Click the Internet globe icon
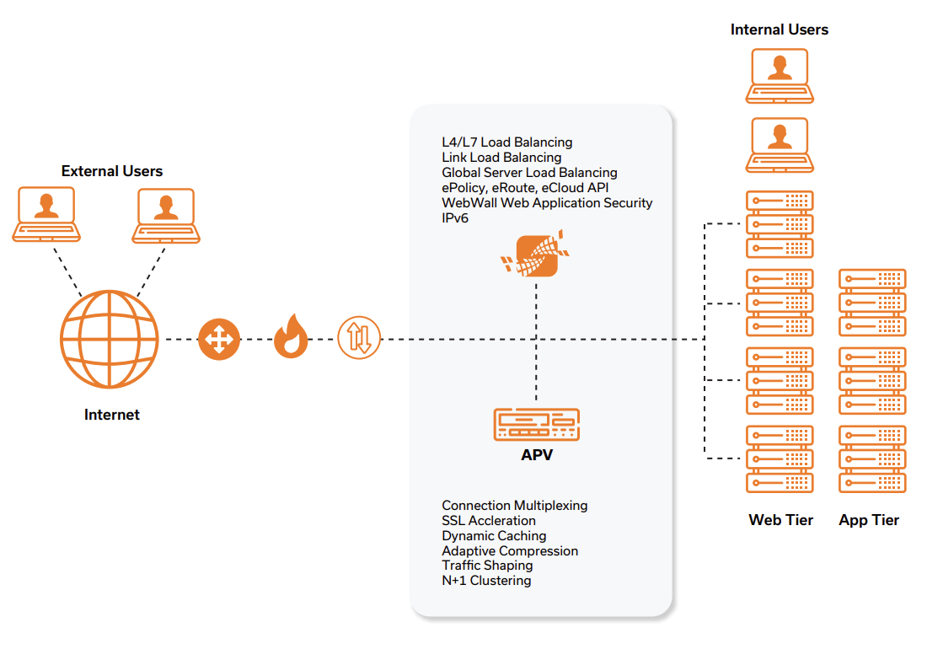click(110, 340)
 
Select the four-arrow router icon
click(219, 340)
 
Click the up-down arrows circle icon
click(359, 340)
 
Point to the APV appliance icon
click(536, 424)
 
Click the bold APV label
click(537, 456)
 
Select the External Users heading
click(112, 171)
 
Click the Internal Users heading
click(779, 29)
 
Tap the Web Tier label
click(780, 520)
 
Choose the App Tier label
click(869, 520)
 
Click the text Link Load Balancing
click(501, 158)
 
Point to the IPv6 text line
click(454, 218)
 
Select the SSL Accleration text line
click(489, 521)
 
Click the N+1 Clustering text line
click(486, 581)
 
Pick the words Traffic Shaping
click(487, 566)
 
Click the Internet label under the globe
click(112, 415)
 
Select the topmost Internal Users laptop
click(779, 75)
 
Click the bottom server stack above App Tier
click(872, 459)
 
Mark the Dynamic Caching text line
click(494, 536)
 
